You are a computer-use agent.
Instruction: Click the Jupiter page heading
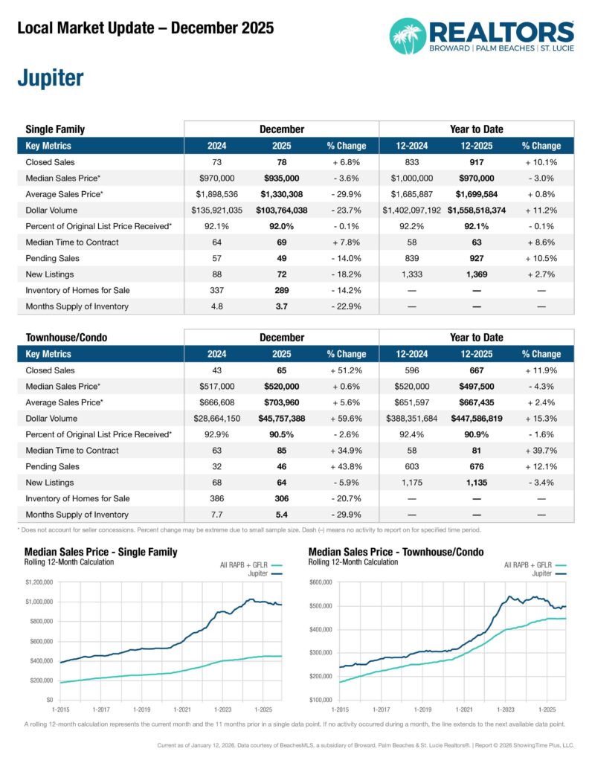[49, 78]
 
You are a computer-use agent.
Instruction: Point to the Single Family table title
[55, 129]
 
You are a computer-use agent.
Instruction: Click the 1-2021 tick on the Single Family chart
[181, 709]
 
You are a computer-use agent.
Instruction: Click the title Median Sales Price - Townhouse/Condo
[396, 552]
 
